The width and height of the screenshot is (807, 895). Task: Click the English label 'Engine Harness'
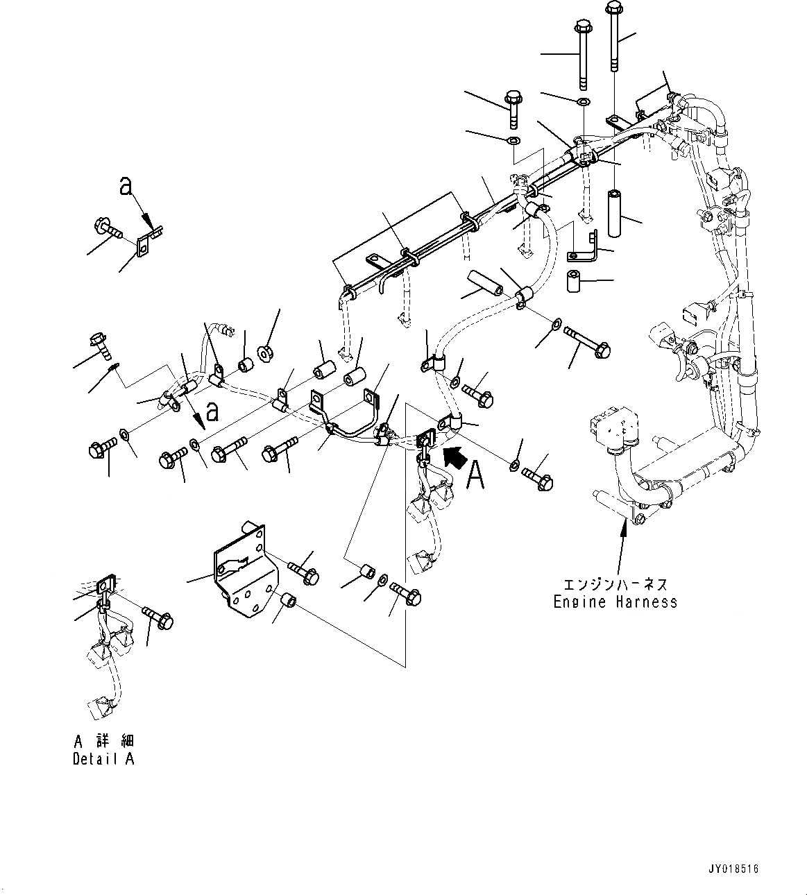615,602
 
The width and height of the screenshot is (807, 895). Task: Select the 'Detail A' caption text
104,759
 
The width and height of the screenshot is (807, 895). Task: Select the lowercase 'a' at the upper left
126,186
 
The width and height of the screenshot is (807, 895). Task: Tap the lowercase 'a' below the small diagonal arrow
212,411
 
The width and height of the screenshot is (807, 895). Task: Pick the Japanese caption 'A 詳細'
104,740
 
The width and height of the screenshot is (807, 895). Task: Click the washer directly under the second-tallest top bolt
584,103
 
